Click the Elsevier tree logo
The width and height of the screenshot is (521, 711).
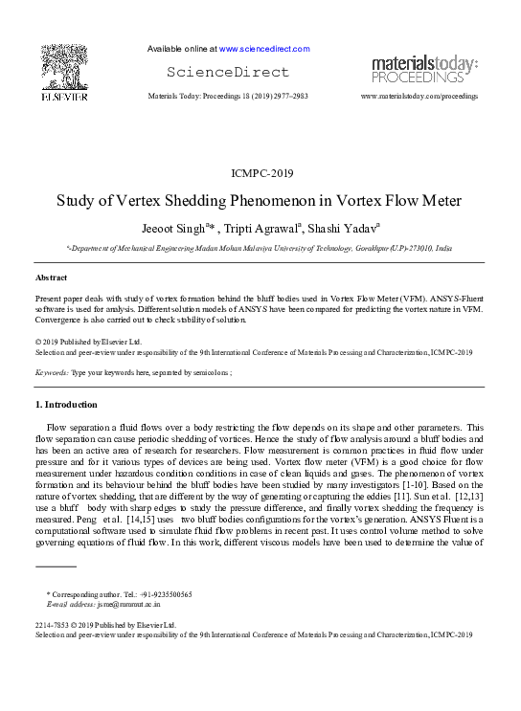[64, 68]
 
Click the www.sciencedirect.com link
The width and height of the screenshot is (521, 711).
[264, 49]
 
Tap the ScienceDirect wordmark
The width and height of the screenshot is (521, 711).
[228, 73]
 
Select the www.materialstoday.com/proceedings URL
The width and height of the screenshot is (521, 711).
[419, 98]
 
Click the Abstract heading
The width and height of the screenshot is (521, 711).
[51, 277]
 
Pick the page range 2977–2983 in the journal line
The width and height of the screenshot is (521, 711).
[288, 98]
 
